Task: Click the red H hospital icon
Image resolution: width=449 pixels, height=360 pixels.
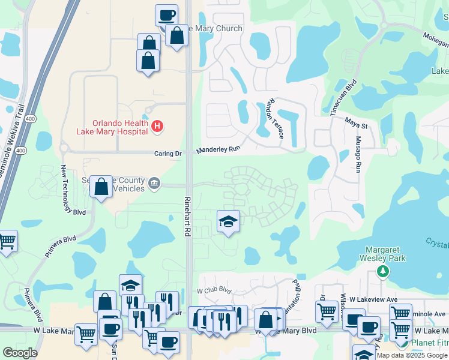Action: click(x=157, y=126)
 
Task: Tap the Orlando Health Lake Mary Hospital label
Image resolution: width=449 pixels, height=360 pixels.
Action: click(x=112, y=126)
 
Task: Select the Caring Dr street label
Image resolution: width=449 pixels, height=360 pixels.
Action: click(x=169, y=154)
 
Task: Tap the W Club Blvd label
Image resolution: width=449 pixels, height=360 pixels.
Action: click(x=214, y=290)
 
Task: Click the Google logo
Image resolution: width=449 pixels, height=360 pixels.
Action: click(x=20, y=353)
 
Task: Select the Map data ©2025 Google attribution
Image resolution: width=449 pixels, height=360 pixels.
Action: click(x=412, y=355)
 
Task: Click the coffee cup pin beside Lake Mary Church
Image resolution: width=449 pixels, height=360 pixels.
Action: click(x=166, y=15)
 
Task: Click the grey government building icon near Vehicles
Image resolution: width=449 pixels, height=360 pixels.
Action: click(x=154, y=183)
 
